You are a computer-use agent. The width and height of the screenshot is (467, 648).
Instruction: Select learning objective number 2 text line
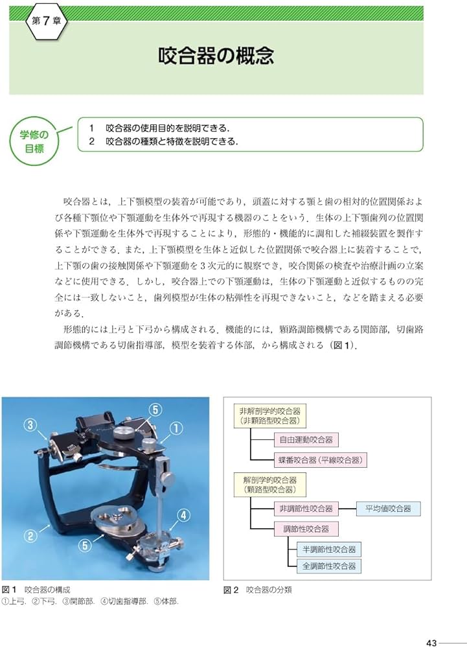tap(172, 141)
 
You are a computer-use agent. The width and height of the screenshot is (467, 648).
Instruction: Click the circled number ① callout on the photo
tap(176, 428)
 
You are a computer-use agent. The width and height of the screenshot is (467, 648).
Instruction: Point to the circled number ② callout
tap(30, 536)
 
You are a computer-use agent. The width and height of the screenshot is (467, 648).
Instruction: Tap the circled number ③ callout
tap(30, 425)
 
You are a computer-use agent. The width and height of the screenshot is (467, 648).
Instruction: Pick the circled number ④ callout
tap(184, 516)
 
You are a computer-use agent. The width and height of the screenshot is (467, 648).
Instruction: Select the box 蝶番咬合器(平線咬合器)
tap(319, 461)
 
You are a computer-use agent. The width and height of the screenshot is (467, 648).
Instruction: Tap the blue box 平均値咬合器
tap(388, 509)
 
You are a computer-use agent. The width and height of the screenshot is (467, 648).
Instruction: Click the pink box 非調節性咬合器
tap(303, 509)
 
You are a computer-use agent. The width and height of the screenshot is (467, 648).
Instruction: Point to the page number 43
tap(433, 642)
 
